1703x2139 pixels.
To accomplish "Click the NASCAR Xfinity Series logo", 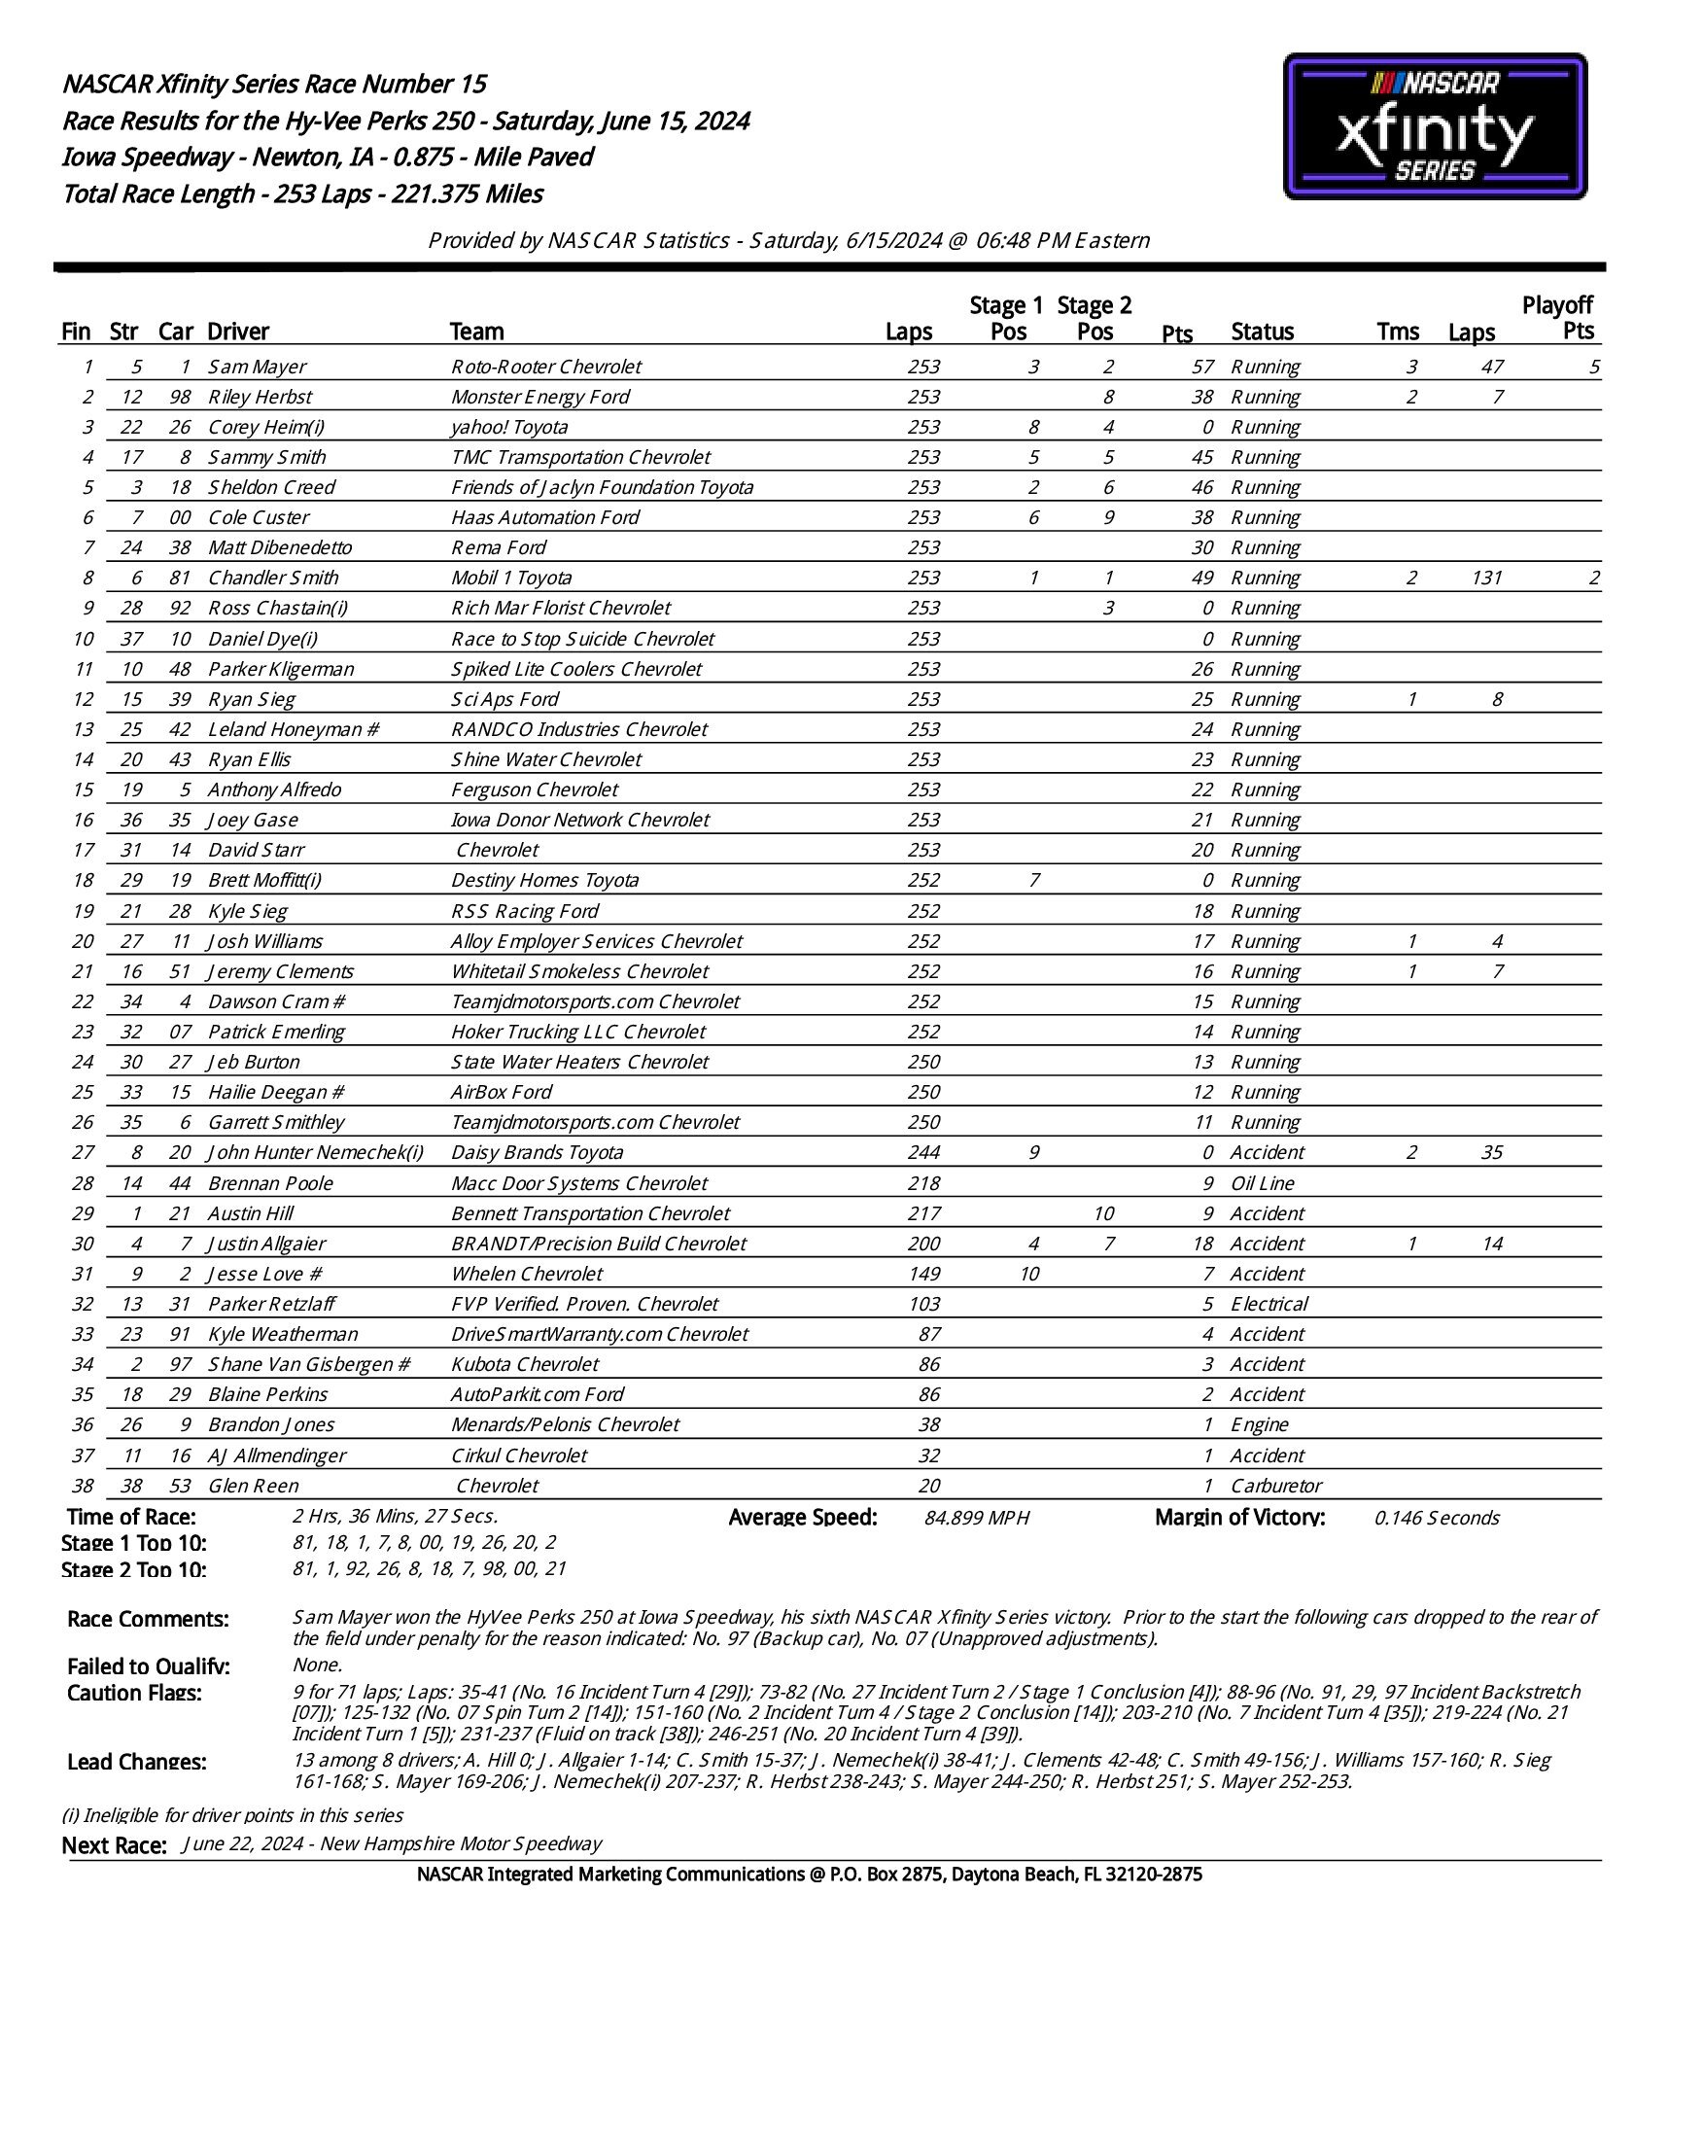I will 1434,127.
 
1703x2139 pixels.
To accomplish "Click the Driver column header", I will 238,332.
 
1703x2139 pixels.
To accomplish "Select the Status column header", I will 1262,332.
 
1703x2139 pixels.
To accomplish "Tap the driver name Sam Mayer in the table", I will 257,368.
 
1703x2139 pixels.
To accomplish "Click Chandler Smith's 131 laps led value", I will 1486,578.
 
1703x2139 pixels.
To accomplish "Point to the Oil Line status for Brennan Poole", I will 1262,1182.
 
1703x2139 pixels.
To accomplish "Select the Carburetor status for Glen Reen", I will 1275,1486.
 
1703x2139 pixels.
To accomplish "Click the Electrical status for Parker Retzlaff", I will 1269,1304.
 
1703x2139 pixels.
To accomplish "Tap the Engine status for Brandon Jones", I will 1259,1424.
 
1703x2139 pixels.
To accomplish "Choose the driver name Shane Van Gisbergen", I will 307,1364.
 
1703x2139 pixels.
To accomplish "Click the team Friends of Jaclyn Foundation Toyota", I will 602,487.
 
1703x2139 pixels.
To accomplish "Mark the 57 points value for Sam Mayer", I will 1202,368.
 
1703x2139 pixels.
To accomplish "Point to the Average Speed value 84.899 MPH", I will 976,1518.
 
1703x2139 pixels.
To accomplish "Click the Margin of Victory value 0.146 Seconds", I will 1437,1518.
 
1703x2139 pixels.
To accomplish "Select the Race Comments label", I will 148,1619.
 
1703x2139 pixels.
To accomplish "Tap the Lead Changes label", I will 137,1762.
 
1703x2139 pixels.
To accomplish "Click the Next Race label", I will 114,1845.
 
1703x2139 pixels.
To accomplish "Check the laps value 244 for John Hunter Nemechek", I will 923,1152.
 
